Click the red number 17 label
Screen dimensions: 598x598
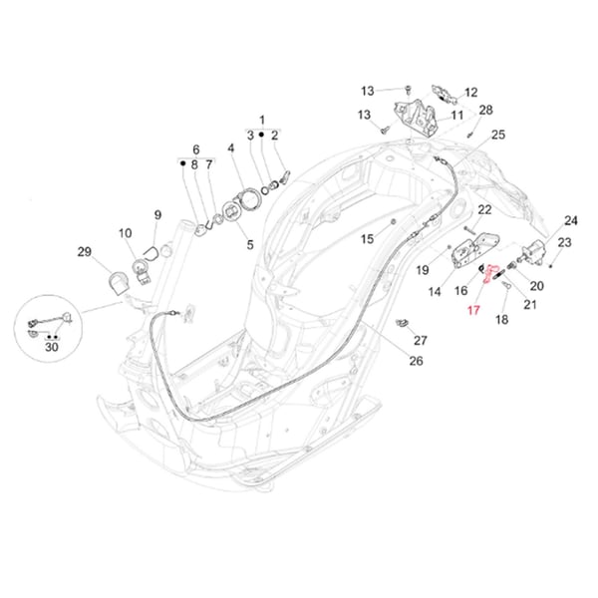472,311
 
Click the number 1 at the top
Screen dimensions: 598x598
263,118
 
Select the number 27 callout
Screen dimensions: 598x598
420,340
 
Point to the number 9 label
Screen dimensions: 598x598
156,214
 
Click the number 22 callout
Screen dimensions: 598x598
484,209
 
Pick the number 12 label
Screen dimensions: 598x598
470,93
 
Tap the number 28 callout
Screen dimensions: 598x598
485,110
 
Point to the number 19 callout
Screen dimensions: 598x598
422,269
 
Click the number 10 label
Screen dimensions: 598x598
126,234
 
